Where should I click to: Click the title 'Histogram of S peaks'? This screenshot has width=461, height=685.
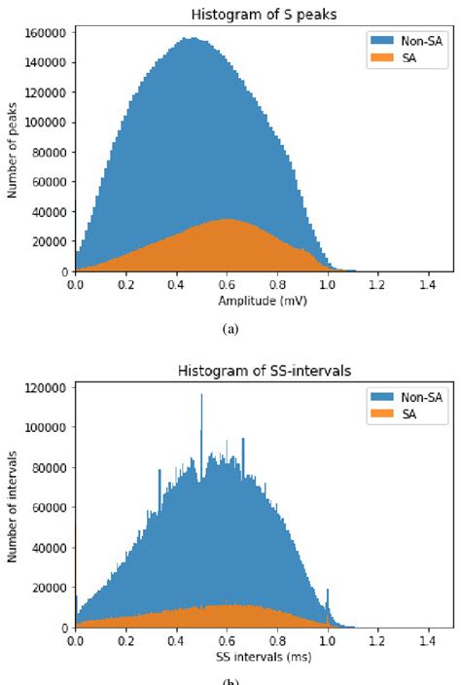(263, 11)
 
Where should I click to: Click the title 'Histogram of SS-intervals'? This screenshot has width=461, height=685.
(263, 371)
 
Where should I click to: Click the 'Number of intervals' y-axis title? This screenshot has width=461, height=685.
(13, 508)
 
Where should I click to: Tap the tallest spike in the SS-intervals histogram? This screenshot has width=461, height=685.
(201, 395)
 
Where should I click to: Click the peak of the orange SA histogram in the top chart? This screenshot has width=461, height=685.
(228, 220)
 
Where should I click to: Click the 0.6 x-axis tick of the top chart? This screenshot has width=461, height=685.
(227, 286)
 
